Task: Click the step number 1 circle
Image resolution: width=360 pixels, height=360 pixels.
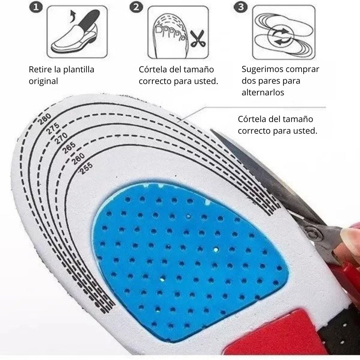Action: [36, 7]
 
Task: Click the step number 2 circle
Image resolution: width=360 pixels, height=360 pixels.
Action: [136, 7]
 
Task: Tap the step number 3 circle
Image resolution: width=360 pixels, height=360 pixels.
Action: [241, 7]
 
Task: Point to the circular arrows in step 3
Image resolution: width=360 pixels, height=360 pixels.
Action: [281, 36]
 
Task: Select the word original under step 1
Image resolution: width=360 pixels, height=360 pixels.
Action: [43, 81]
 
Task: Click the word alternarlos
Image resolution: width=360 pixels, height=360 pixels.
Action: [263, 93]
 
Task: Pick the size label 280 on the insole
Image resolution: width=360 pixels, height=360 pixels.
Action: [45, 119]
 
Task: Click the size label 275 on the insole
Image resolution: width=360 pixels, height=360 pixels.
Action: [53, 128]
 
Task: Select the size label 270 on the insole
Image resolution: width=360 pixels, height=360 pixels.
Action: [61, 138]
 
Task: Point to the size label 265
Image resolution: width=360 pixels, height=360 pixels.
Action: [69, 148]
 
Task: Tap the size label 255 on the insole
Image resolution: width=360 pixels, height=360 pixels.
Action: [86, 168]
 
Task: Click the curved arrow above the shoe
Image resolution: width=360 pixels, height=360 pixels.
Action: [73, 16]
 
